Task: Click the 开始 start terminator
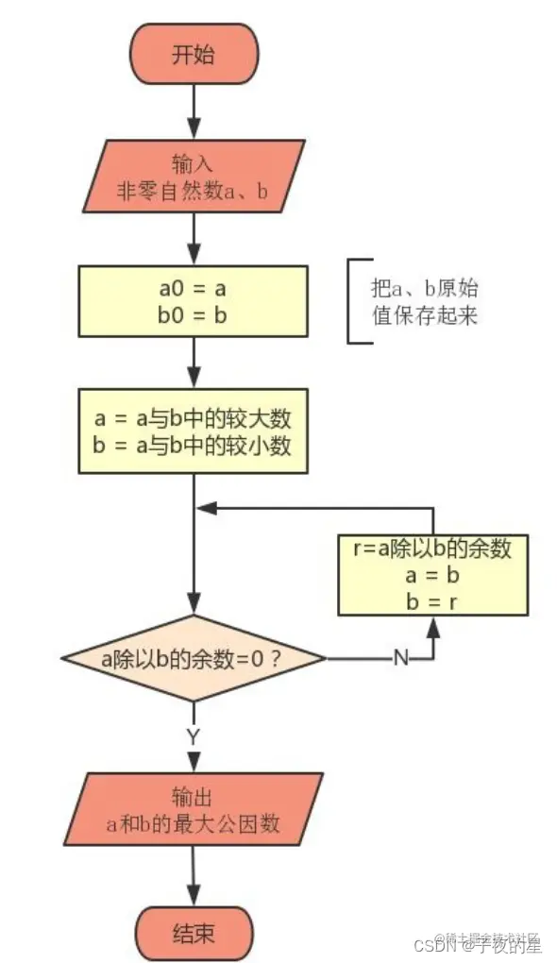193,56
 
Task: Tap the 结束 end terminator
193,934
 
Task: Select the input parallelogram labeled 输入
193,176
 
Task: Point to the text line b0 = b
193,315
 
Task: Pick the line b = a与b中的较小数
193,445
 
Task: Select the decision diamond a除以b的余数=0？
193,657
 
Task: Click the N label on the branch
400,658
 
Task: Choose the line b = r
433,600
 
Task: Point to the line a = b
433,575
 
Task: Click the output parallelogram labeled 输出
193,809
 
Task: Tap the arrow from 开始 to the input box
193,111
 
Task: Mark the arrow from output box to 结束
193,877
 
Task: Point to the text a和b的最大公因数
193,823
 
